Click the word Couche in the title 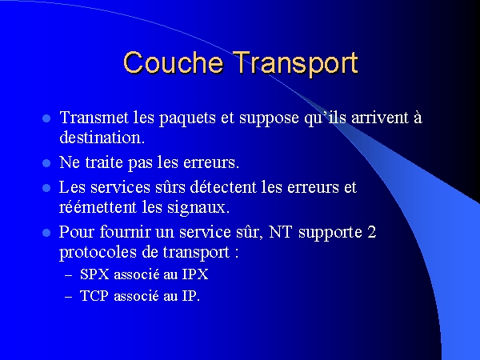pyautogui.click(x=173, y=62)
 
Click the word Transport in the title pyautogui.click(x=296, y=64)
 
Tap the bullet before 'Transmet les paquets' pyautogui.click(x=46, y=118)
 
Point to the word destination pyautogui.click(x=102, y=138)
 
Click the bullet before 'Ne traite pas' pyautogui.click(x=46, y=163)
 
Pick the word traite pyautogui.click(x=104, y=162)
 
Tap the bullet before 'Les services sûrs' pyautogui.click(x=46, y=188)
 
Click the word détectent pyautogui.click(x=223, y=186)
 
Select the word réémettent pyautogui.click(x=98, y=207)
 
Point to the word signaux pyautogui.click(x=198, y=208)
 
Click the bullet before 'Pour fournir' pyautogui.click(x=46, y=233)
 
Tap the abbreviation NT pyautogui.click(x=280, y=232)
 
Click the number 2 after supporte pyautogui.click(x=372, y=232)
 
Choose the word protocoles pyautogui.click(x=98, y=252)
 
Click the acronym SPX pyautogui.click(x=94, y=274)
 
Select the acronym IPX pyautogui.click(x=195, y=274)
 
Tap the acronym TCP pyautogui.click(x=94, y=296)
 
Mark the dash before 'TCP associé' pyautogui.click(x=69, y=297)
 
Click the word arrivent pyautogui.click(x=380, y=118)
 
